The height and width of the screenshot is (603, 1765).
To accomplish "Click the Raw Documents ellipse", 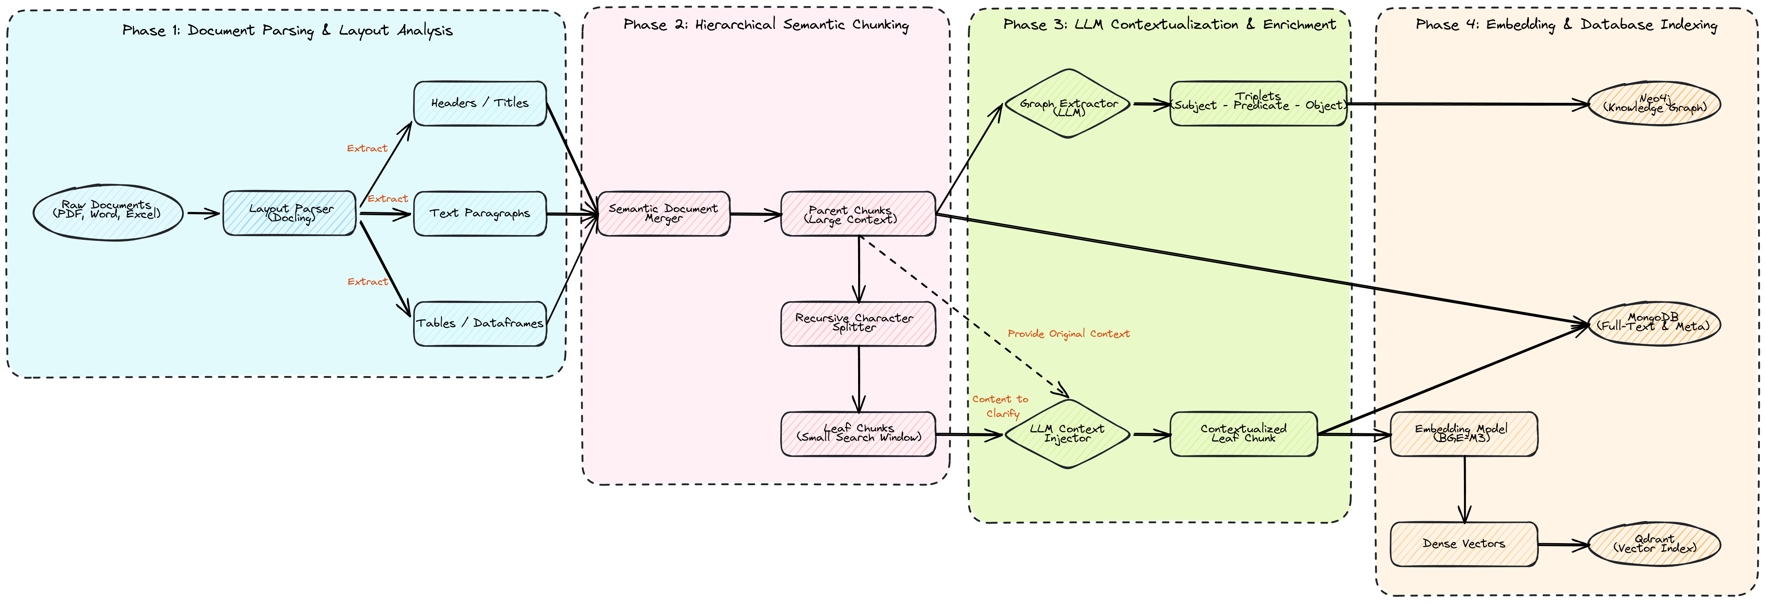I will click(x=108, y=212).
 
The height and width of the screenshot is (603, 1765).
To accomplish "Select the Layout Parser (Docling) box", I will click(x=290, y=213).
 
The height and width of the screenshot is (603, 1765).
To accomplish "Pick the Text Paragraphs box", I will click(x=480, y=213).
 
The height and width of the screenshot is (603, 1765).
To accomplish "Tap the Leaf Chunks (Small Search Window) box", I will click(x=858, y=433).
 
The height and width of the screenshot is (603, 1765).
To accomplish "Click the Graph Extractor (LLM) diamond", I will click(x=1067, y=104).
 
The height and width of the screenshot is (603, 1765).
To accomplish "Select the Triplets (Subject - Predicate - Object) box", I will click(x=1258, y=104).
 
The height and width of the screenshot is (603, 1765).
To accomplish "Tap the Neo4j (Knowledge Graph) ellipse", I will click(x=1654, y=104).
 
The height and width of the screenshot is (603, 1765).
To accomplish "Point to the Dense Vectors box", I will click(x=1464, y=544).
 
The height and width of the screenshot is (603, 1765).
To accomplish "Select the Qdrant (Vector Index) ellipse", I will click(x=1654, y=544).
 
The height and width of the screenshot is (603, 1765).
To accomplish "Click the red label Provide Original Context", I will click(x=1068, y=334).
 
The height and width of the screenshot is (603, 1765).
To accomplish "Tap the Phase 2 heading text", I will click(x=765, y=25).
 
